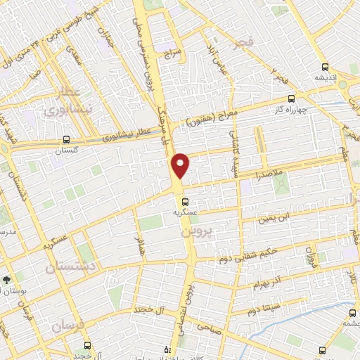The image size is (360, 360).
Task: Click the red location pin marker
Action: tap(180, 165)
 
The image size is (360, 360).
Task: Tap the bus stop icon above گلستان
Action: tap(66, 139)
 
